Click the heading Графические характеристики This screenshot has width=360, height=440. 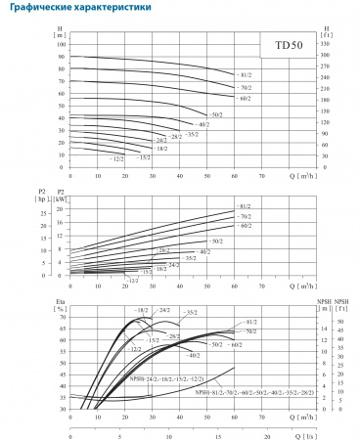click(x=72, y=9)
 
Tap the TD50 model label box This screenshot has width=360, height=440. click(x=287, y=45)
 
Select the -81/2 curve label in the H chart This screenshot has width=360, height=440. click(x=246, y=74)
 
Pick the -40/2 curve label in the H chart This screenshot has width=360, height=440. click(x=203, y=125)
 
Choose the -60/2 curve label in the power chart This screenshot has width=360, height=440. click(x=246, y=226)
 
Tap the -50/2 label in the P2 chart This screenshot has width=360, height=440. click(x=217, y=240)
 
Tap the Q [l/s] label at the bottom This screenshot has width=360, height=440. click(x=305, y=428)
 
